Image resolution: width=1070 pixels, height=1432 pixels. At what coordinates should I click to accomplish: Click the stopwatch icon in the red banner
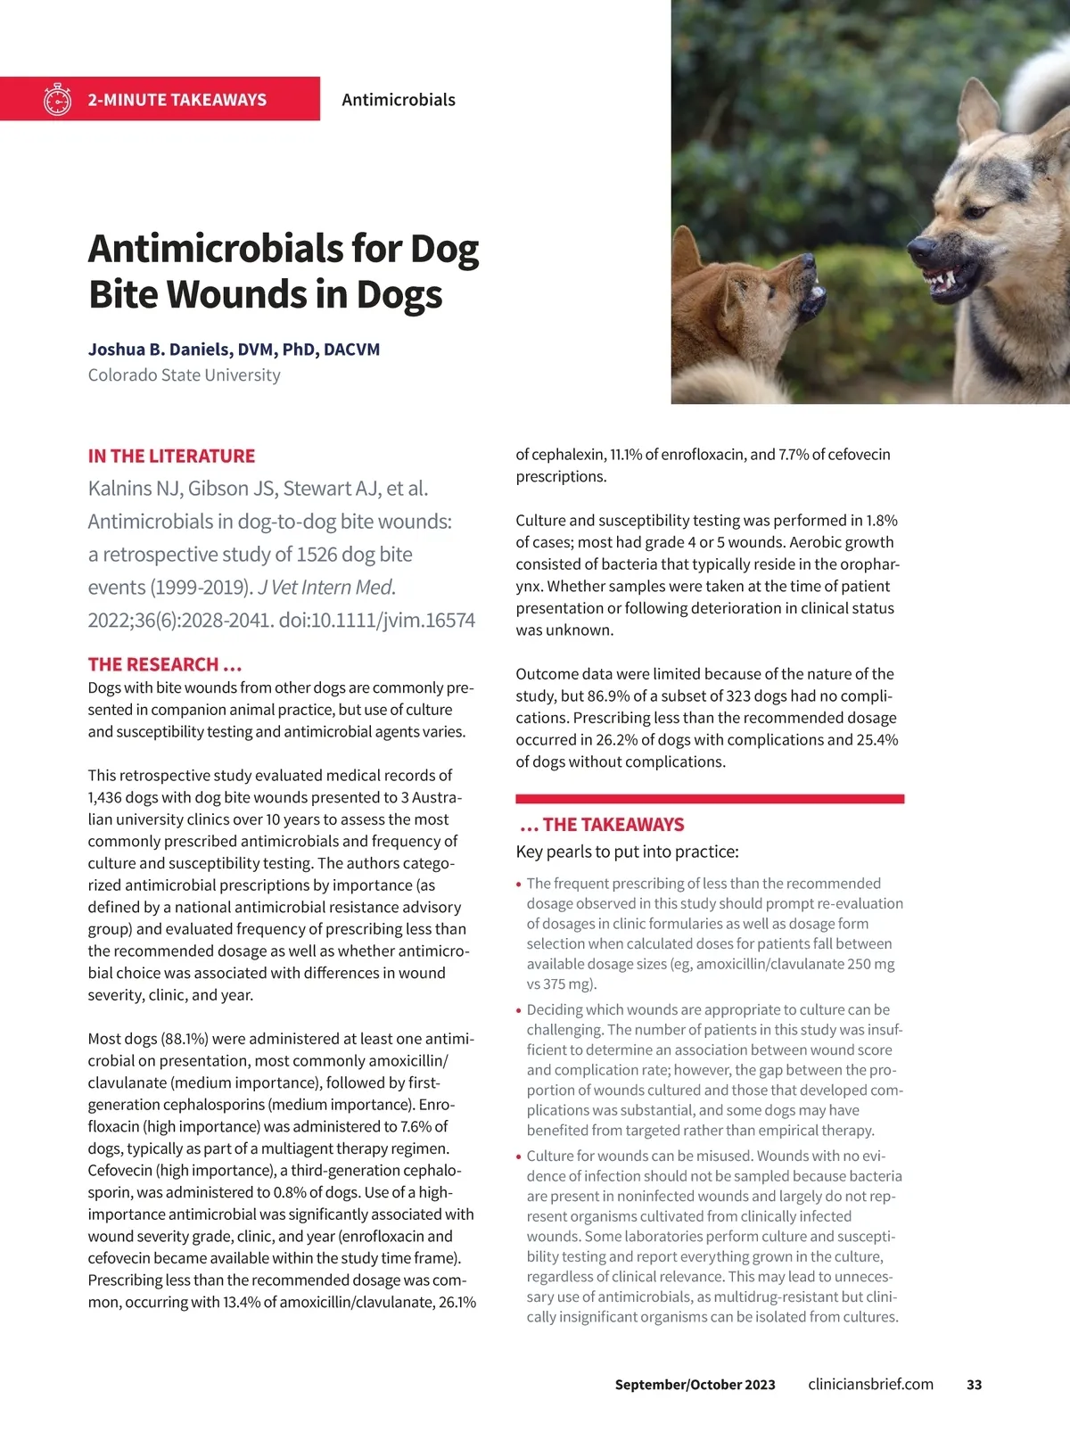tap(57, 99)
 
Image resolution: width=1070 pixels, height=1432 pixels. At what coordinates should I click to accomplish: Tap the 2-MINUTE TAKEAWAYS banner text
tap(177, 100)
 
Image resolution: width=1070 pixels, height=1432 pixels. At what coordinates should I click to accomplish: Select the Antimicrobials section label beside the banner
tap(399, 100)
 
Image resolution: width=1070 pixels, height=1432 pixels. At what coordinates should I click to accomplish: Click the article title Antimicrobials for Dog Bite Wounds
tap(283, 271)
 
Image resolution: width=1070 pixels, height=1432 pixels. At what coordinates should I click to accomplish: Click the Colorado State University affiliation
tap(184, 375)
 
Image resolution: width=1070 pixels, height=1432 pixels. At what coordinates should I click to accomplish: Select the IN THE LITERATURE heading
tap(171, 457)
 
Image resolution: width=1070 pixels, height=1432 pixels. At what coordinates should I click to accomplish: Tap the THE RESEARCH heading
tap(165, 664)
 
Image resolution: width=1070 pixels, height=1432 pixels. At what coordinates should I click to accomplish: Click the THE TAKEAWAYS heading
tap(602, 825)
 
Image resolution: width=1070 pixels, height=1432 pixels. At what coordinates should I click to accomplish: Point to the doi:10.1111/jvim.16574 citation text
tap(377, 621)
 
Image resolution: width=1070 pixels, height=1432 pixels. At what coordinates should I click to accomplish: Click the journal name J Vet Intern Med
tap(326, 588)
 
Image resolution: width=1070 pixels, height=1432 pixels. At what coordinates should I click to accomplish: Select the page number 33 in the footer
tap(974, 1385)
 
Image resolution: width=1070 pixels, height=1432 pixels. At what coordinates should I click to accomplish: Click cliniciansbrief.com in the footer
tap(870, 1385)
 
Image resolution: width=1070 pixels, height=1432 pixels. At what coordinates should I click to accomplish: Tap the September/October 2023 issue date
tap(695, 1385)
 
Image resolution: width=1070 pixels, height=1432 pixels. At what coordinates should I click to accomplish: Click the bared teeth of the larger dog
tap(941, 281)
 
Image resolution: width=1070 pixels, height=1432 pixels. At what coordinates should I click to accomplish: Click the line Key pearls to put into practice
tap(627, 852)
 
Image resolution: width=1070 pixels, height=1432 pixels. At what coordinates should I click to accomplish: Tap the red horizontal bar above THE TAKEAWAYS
tap(710, 799)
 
